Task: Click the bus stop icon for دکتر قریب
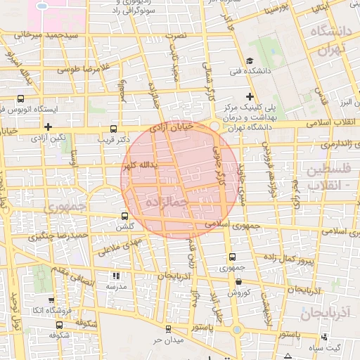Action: pyautogui.click(x=114, y=129)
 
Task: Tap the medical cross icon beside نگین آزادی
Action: pyautogui.click(x=48, y=127)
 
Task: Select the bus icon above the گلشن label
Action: pyautogui.click(x=124, y=216)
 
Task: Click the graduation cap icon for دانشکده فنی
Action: pyautogui.click(x=250, y=61)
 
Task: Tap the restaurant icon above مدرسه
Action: pyautogui.click(x=116, y=276)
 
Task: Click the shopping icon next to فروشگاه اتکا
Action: pyautogui.click(x=27, y=309)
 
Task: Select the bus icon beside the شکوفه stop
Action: pyautogui.click(x=59, y=325)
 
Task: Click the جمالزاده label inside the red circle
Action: pyautogui.click(x=167, y=202)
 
